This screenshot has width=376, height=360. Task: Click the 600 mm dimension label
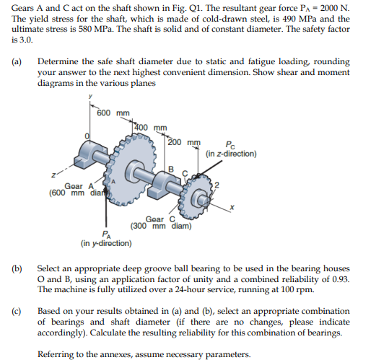coord(113,113)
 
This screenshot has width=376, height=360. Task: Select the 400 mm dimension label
coord(151,128)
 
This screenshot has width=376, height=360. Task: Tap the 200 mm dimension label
coord(184,142)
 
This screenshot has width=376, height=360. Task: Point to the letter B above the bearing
coord(171,169)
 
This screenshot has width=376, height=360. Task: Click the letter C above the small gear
coord(185,173)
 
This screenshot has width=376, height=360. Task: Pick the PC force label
coord(230,145)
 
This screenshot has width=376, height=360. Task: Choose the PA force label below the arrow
coord(106,234)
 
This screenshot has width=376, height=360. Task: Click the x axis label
coord(232,207)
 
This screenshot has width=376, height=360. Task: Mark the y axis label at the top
coord(90,96)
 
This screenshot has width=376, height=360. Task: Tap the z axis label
coord(53,175)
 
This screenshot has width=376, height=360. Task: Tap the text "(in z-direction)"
coord(231,154)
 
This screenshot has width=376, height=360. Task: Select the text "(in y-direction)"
coord(106,243)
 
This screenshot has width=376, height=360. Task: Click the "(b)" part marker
coord(17,268)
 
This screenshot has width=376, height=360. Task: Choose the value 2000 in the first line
coord(330,8)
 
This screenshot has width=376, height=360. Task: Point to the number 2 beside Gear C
coord(217,185)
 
